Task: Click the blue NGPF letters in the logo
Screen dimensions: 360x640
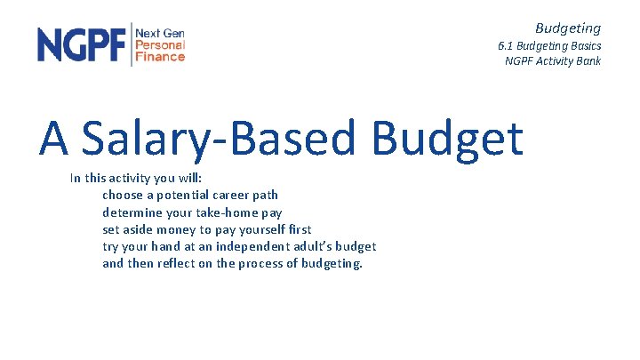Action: (81, 44)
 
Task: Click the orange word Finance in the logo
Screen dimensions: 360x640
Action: (160, 56)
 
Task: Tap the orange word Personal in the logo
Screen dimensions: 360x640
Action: (160, 44)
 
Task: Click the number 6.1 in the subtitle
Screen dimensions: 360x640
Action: (507, 45)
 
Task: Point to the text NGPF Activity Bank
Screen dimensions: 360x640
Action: (552, 61)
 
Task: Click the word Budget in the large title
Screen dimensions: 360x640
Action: (447, 139)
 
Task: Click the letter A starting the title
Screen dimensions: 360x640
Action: (54, 139)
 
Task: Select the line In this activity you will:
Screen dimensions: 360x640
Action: (136, 179)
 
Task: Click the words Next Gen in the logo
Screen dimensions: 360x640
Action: (160, 33)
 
